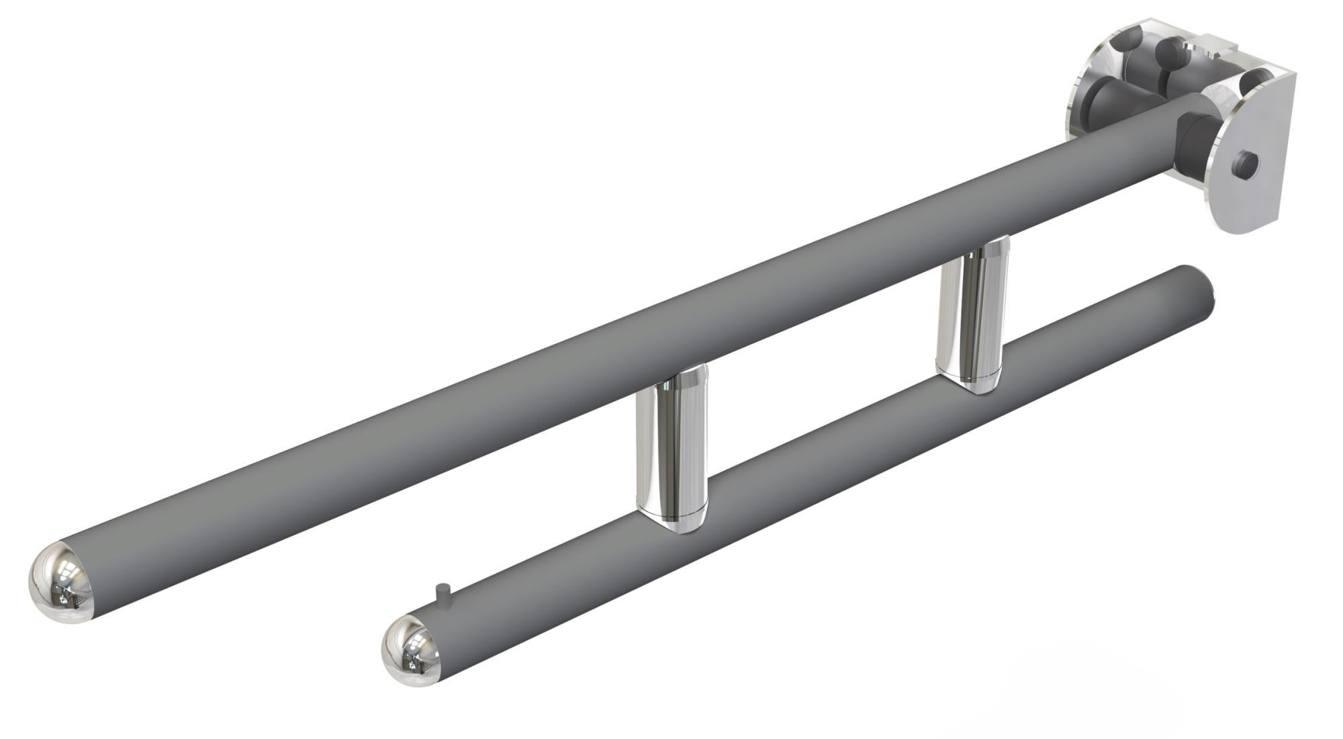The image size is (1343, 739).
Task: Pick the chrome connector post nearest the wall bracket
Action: coord(972,316)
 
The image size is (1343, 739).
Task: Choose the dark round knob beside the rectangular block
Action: coord(1172,50)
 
